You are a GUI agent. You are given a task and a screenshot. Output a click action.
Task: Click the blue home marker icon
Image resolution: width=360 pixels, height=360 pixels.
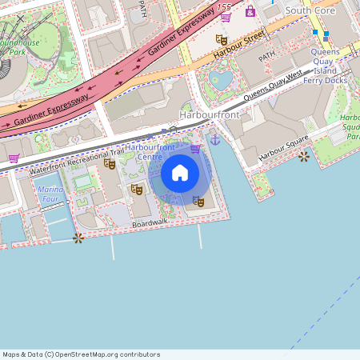tap(180, 172)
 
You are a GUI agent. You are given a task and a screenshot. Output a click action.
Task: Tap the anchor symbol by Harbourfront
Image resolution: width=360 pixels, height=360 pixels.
tap(214, 140)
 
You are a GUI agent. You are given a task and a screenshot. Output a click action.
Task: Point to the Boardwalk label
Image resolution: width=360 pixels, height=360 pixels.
tap(150, 226)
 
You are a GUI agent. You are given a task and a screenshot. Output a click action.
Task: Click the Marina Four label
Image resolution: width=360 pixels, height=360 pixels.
tap(50, 194)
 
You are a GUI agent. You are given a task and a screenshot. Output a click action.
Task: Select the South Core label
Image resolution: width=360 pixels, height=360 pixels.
tap(309, 10)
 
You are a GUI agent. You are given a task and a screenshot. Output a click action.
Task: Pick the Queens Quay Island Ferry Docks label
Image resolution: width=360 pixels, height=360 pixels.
tap(325, 66)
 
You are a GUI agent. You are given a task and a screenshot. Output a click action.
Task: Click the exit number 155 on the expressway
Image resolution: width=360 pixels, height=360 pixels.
tap(225, 7)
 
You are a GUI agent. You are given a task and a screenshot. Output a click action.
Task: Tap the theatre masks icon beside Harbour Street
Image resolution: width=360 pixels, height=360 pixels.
tap(222, 39)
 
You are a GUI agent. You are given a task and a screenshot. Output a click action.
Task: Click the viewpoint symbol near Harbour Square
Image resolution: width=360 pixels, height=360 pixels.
tap(303, 157)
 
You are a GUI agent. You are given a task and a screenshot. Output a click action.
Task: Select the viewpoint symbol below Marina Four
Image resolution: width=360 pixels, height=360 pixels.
tap(78, 238)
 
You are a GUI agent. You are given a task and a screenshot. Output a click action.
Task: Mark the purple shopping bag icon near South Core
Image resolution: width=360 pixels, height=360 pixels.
tap(250, 11)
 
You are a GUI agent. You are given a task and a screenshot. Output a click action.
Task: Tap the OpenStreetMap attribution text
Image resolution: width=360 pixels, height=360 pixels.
tap(81, 354)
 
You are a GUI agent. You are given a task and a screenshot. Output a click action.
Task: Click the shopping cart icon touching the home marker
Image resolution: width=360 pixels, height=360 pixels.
tap(195, 149)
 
